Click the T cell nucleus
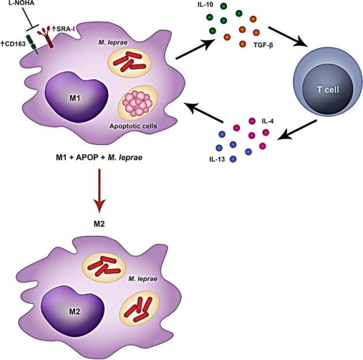tap(329, 90)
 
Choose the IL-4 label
tap(268, 122)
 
